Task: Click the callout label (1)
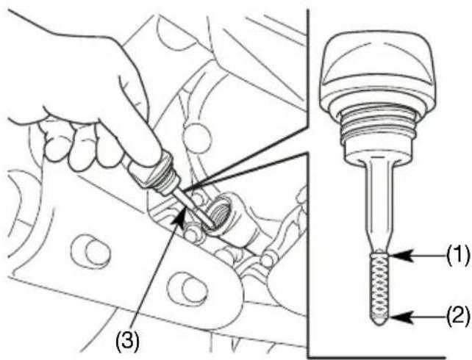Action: point(457,256)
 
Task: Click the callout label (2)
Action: point(457,317)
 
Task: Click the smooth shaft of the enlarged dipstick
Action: point(379,204)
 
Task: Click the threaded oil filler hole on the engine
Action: point(221,212)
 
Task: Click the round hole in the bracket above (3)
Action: point(90,251)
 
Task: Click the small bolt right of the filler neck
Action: point(267,260)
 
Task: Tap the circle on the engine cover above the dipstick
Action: point(197,137)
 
